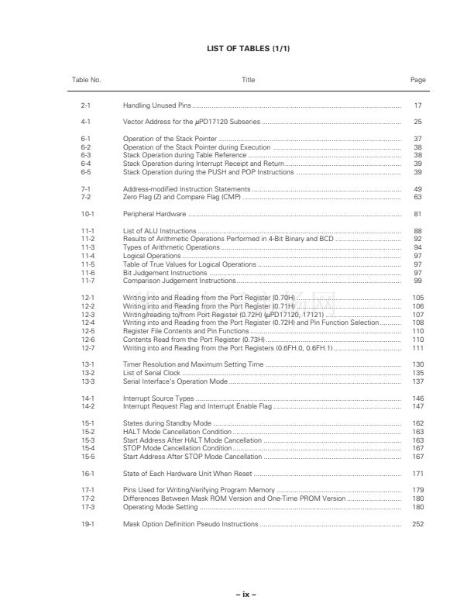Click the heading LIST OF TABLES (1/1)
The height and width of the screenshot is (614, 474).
click(x=237, y=48)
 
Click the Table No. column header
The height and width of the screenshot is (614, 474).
click(x=86, y=80)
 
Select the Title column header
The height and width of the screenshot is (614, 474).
click(x=248, y=80)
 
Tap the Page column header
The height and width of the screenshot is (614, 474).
click(x=417, y=80)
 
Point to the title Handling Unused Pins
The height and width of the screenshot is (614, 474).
click(x=156, y=105)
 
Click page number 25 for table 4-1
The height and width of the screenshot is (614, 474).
click(x=417, y=122)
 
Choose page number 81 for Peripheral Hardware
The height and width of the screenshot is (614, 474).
click(x=417, y=214)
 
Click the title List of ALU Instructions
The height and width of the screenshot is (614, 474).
click(x=159, y=231)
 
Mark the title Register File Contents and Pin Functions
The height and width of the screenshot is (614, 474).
click(x=181, y=331)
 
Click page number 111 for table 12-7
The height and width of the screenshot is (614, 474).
click(x=417, y=348)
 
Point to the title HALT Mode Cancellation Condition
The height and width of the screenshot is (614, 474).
click(x=177, y=432)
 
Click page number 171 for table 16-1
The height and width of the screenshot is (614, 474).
click(x=417, y=474)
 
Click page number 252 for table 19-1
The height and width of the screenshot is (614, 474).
click(x=417, y=524)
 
